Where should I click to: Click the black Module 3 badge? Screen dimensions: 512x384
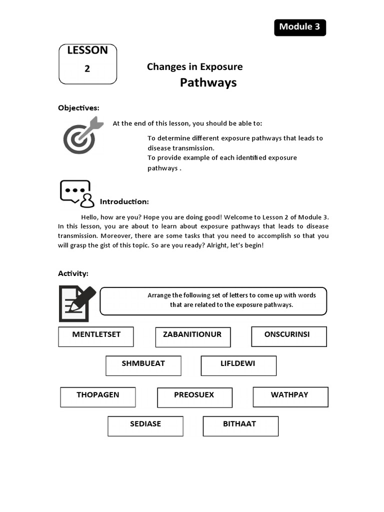point(299,27)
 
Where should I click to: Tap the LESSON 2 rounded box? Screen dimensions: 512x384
point(87,63)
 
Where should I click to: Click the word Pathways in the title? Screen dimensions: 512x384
point(208,82)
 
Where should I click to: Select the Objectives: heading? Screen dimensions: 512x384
point(78,108)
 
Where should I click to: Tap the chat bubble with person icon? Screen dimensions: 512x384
point(76,193)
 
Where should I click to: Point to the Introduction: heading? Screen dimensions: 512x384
point(124,201)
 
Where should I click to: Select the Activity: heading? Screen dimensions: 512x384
point(73,273)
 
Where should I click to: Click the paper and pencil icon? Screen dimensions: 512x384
point(77,303)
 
